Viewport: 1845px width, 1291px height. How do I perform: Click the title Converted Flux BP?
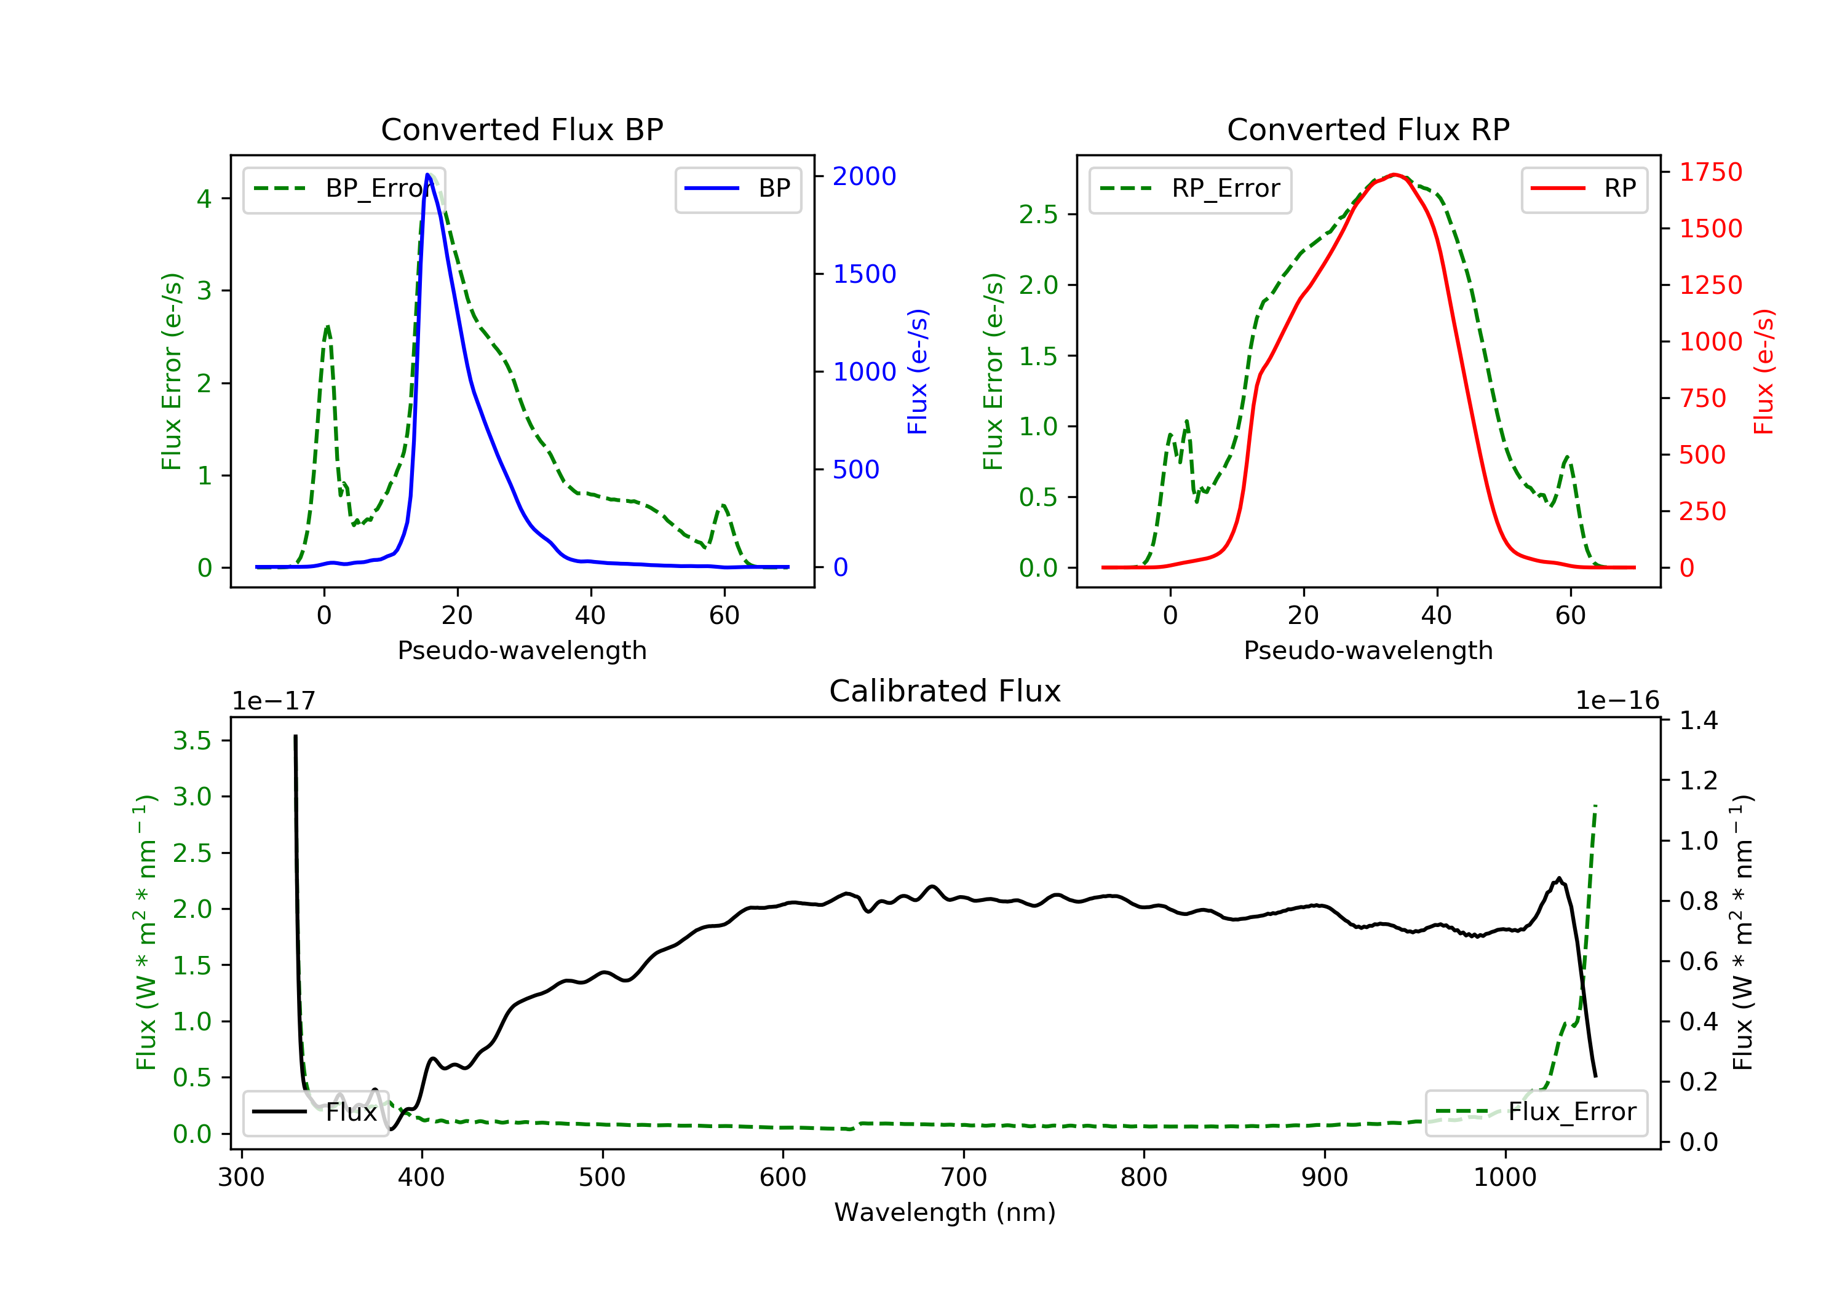tap(522, 129)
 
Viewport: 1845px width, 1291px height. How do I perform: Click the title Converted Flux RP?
tap(1368, 129)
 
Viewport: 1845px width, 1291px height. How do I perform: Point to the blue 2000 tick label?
tap(864, 176)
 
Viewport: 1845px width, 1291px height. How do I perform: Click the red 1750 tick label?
tap(1711, 172)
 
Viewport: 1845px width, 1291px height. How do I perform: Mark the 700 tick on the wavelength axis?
tap(964, 1178)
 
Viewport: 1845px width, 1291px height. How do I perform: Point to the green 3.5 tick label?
tap(192, 741)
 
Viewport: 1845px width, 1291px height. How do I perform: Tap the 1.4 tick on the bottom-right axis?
tap(1699, 721)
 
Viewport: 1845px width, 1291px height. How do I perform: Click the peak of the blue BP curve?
tap(427, 175)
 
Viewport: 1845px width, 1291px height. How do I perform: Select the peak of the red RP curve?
tap(1394, 175)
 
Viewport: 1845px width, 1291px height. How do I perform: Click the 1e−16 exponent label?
tap(1617, 701)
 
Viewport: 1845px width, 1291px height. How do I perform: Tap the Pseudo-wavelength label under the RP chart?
tap(1368, 650)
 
